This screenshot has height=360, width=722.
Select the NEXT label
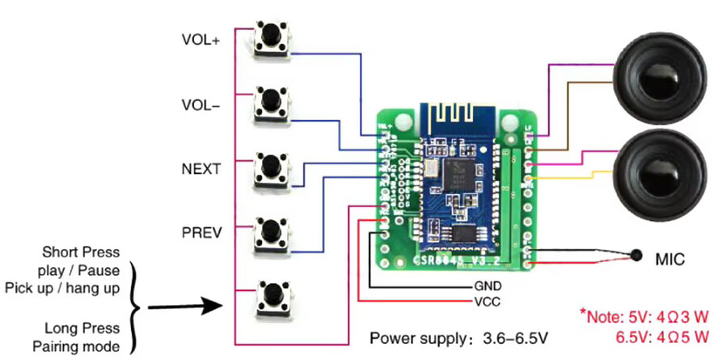tap(201, 168)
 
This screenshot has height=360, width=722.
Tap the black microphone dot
tap(637, 257)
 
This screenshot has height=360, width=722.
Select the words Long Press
tap(83, 328)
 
